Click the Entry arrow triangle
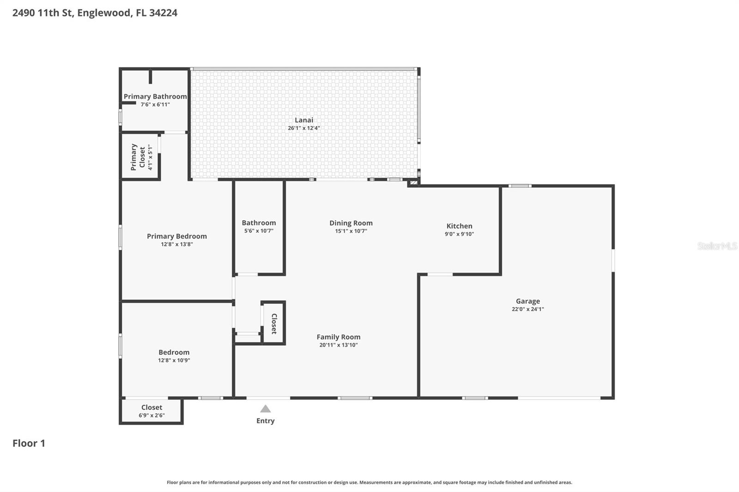[265, 409]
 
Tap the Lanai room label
[304, 120]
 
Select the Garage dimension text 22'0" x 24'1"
[527, 309]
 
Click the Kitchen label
[459, 226]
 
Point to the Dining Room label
[351, 223]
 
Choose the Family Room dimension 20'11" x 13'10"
[338, 345]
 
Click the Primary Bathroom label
[155, 96]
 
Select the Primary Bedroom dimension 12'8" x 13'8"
[176, 244]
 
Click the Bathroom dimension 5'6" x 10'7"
[259, 231]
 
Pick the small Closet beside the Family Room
[273, 323]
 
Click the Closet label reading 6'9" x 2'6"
[151, 415]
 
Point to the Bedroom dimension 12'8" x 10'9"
[174, 360]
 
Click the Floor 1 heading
[29, 443]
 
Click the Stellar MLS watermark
[717, 246]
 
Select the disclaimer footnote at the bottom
[369, 482]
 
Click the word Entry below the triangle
[265, 420]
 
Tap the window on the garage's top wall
[520, 186]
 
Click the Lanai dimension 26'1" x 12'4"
[304, 128]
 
